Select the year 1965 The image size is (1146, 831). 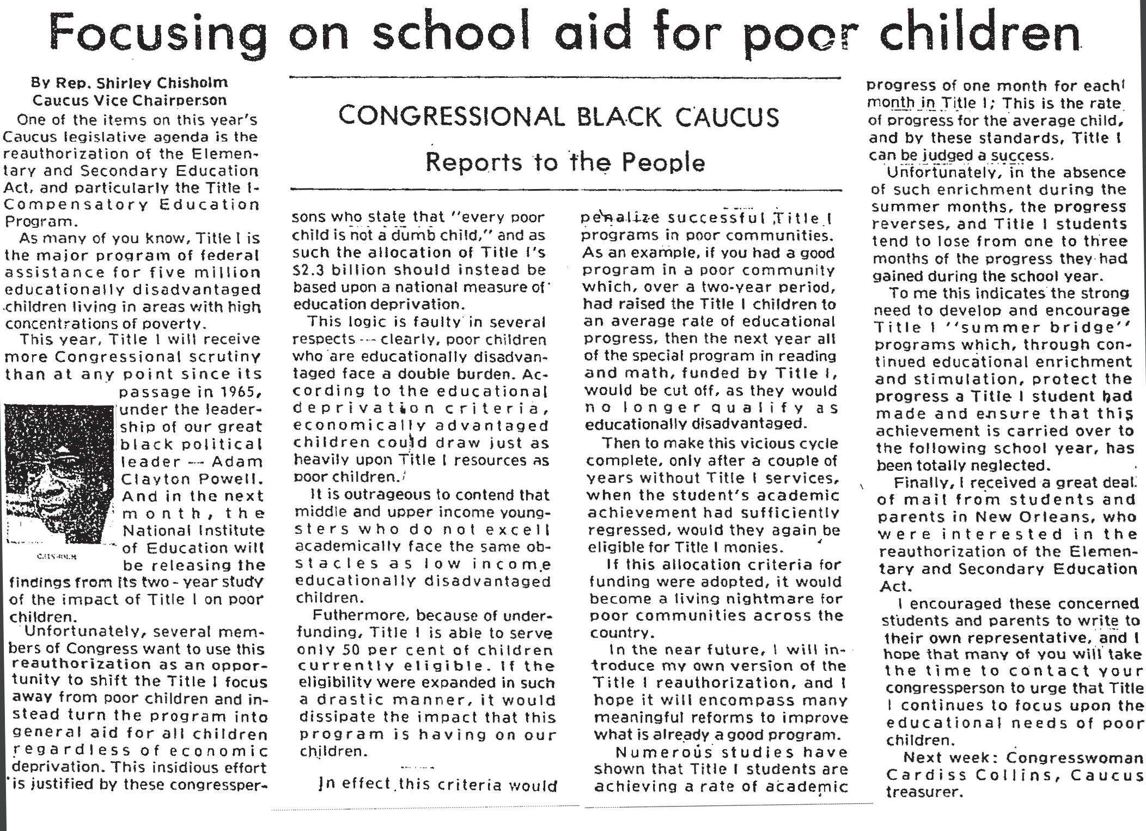pos(237,392)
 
